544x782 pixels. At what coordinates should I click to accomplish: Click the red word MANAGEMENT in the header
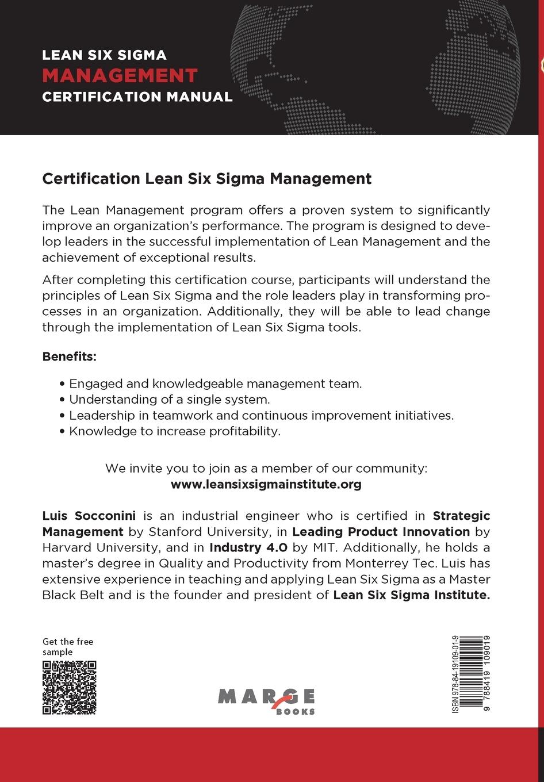click(120, 75)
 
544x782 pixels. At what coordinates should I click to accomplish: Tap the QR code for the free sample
click(69, 688)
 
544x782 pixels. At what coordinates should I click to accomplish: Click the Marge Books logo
click(266, 700)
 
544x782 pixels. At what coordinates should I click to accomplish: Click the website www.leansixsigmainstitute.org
click(266, 484)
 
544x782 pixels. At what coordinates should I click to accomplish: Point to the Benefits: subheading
click(70, 356)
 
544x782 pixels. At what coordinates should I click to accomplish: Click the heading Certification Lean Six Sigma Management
click(207, 178)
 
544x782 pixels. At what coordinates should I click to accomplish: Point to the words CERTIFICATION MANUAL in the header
click(137, 97)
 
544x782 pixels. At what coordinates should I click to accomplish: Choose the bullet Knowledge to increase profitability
click(174, 431)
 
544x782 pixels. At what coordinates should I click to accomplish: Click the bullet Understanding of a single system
click(169, 399)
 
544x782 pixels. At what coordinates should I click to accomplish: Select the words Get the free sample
click(67, 646)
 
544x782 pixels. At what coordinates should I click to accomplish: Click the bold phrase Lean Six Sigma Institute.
click(411, 595)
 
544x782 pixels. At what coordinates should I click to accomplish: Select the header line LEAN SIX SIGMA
click(104, 55)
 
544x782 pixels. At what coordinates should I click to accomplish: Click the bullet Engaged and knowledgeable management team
click(215, 384)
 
